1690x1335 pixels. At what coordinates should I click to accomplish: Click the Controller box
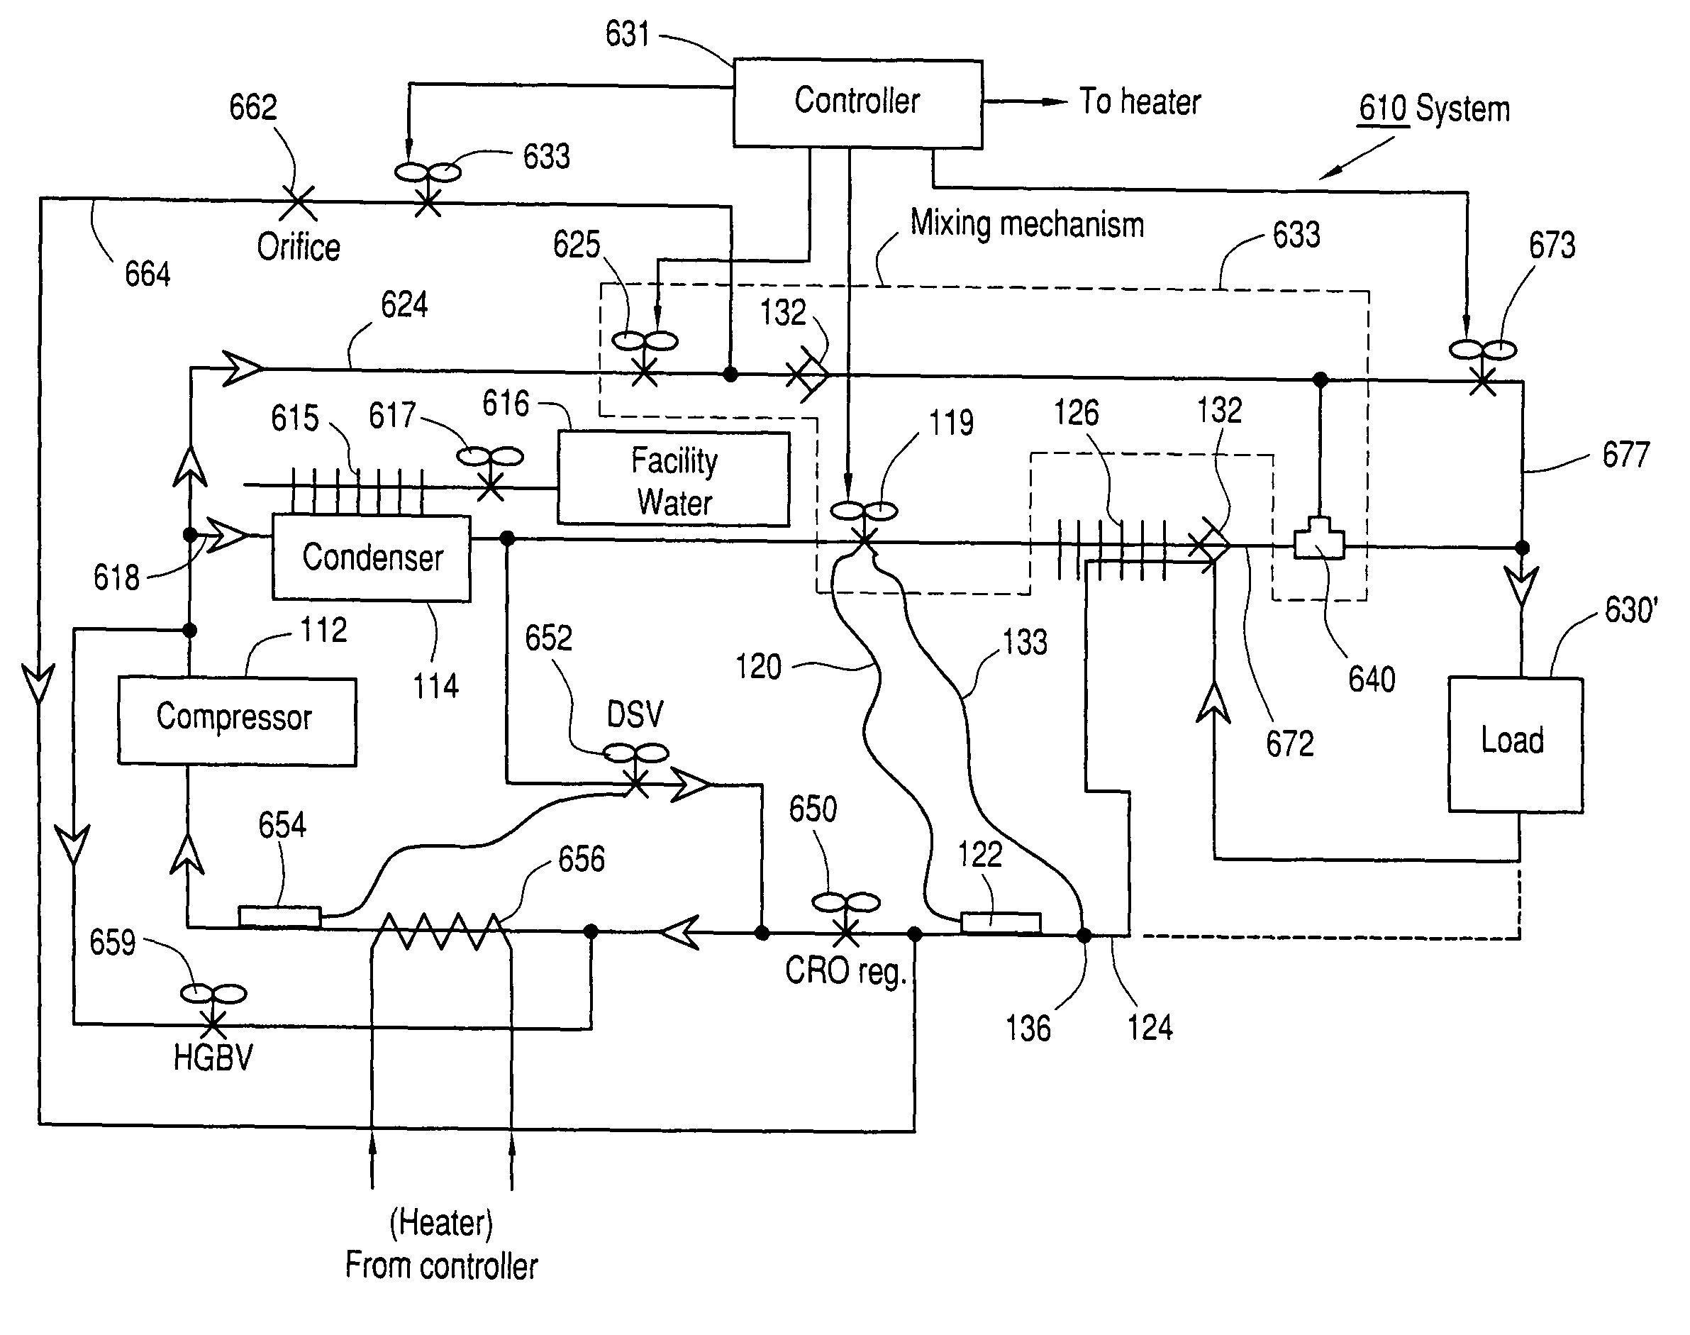coord(857,102)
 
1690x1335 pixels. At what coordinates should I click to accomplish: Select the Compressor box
coord(237,721)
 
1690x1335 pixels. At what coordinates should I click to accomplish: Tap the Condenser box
coord(371,558)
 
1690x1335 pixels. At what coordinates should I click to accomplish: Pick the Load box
coord(1514,743)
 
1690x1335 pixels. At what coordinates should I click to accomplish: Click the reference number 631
coord(628,34)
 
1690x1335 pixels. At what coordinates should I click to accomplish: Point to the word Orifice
coord(299,247)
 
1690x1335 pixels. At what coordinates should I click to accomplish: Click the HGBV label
coord(213,1058)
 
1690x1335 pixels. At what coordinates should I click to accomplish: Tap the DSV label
coord(635,714)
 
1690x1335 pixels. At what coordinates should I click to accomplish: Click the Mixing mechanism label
coord(1027,224)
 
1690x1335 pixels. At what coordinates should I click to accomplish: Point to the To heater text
coord(1139,102)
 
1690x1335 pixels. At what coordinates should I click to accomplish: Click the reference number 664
coord(147,275)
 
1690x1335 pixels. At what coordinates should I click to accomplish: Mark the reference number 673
coord(1552,245)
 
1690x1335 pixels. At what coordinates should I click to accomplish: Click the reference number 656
coord(582,859)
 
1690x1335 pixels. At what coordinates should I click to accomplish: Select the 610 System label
coord(1434,109)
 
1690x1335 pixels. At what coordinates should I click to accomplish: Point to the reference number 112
coord(323,630)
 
